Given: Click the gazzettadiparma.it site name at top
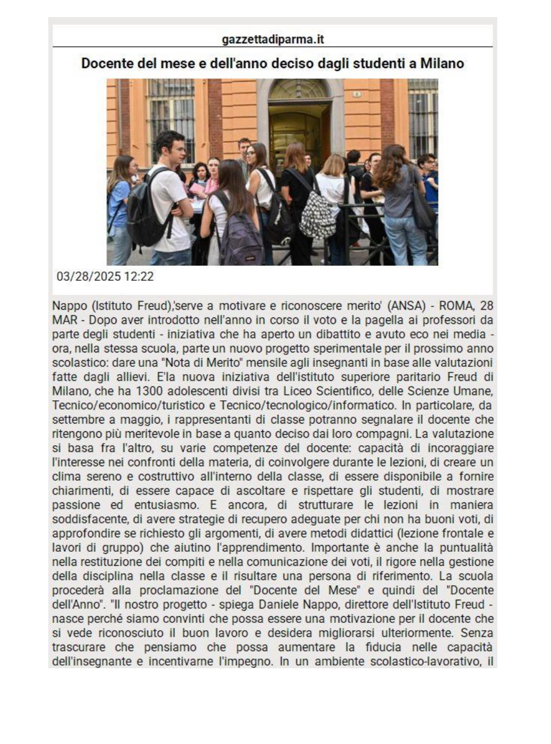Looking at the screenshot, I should (272, 39).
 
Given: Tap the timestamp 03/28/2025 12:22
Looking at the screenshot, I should (105, 277).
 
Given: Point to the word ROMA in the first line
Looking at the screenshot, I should (454, 306).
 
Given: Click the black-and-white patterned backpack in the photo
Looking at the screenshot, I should (317, 212).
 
